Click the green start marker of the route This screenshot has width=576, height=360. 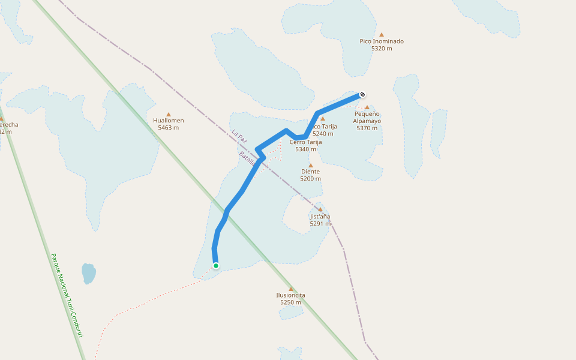215,266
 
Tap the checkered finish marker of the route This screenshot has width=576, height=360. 362,94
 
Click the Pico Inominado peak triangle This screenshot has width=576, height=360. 381,34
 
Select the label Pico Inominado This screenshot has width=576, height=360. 382,41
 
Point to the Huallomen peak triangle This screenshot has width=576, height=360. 169,114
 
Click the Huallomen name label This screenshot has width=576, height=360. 169,121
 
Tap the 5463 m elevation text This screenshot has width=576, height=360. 169,128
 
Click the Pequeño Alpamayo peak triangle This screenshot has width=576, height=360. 367,107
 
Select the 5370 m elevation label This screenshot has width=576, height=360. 367,128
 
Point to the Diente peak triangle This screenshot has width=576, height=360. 311,165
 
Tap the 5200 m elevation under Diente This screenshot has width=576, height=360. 311,179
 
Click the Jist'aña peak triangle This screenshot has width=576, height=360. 320,209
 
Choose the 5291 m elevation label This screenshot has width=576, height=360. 320,224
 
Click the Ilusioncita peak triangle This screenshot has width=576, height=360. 291,289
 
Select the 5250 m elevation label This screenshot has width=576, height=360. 291,302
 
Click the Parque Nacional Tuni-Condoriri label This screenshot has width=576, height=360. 67,295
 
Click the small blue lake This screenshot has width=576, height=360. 89,273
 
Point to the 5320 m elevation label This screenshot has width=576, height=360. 382,49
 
